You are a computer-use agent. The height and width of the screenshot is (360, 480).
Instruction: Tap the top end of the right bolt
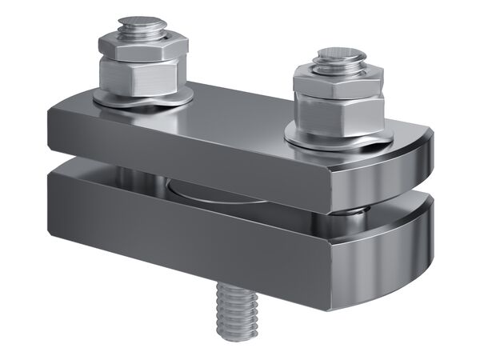click(340, 56)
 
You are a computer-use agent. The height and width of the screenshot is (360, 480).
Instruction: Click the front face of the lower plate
click(192, 232)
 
